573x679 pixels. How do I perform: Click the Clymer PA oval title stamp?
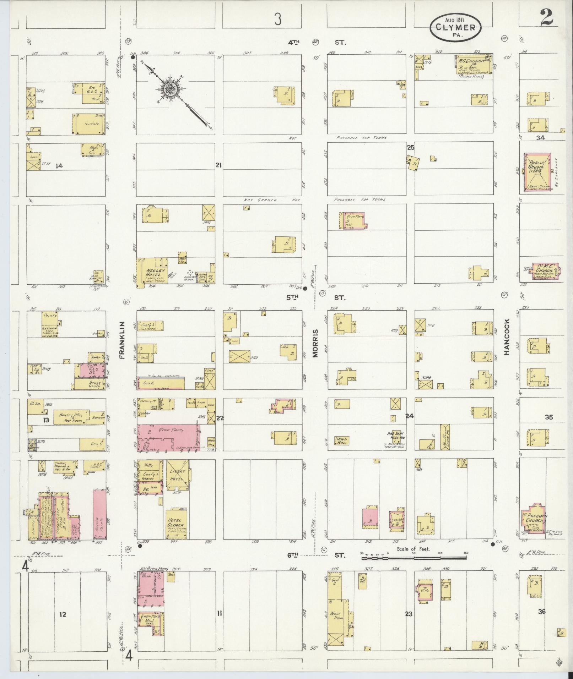[455, 27]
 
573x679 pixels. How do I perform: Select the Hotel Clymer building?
[176, 525]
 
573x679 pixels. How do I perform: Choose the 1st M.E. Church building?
[544, 272]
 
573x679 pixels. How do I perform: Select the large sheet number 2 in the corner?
[547, 18]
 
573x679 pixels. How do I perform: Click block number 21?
[218, 165]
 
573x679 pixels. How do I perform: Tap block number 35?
[548, 417]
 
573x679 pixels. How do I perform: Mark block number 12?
[63, 614]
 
